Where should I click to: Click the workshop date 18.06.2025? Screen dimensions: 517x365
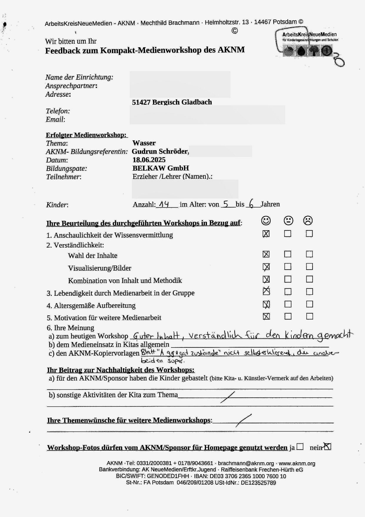(149, 160)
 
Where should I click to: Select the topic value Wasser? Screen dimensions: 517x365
(144, 143)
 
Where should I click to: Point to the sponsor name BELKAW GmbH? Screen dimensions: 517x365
(161, 168)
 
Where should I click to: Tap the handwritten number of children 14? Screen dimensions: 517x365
(163, 204)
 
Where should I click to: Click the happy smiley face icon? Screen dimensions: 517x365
(266, 220)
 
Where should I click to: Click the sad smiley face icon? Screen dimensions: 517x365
(308, 220)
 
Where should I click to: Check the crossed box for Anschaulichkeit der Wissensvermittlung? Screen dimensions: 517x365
(266, 234)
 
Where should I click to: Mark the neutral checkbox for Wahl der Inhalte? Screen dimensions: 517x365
(288, 254)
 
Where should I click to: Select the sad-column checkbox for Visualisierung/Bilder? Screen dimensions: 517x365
(309, 267)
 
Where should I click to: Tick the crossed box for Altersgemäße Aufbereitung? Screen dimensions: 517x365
(266, 304)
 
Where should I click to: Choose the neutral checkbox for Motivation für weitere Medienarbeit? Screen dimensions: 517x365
(288, 316)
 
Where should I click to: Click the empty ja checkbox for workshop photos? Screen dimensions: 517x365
(300, 447)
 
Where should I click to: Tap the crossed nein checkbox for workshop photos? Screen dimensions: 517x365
(327, 447)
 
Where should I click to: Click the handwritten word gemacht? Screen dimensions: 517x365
(337, 335)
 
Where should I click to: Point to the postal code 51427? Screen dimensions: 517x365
(141, 102)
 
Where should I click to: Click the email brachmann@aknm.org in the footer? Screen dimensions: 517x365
(245, 463)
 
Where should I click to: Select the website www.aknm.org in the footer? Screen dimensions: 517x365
(297, 463)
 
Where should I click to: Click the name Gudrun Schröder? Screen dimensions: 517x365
(160, 152)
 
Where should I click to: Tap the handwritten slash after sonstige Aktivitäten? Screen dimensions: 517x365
(228, 397)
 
